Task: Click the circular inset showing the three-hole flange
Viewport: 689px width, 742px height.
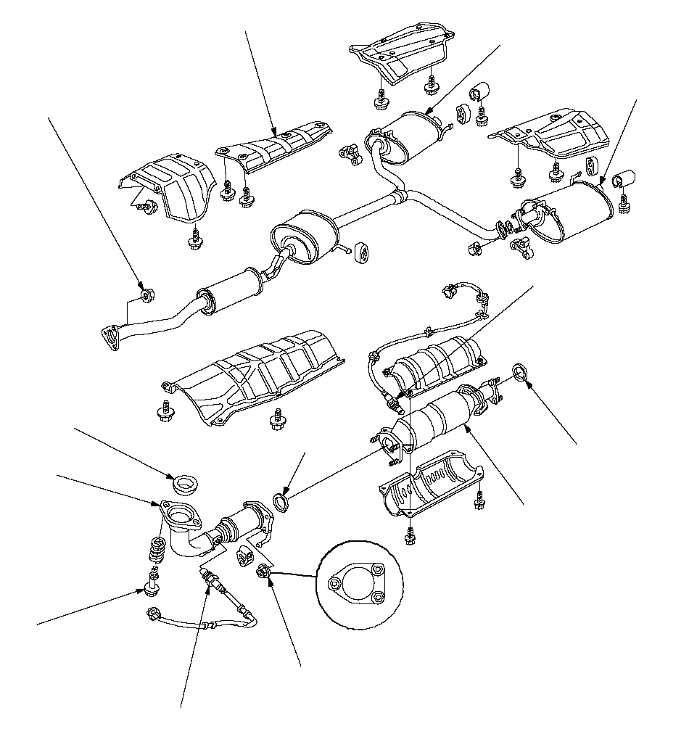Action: [355, 583]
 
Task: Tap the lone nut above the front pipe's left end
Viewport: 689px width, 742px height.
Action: [146, 295]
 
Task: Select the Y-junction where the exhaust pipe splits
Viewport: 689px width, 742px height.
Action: [401, 196]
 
